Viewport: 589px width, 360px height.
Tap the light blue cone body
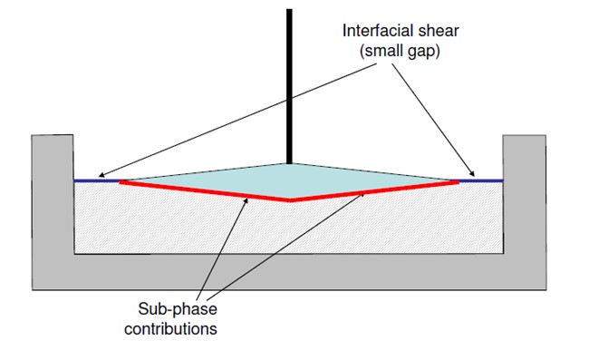point(289,180)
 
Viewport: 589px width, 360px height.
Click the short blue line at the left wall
point(96,180)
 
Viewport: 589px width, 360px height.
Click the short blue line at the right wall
point(481,180)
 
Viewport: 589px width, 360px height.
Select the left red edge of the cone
point(204,190)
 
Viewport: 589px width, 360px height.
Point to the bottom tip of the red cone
point(289,199)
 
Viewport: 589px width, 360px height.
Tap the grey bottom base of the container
point(289,271)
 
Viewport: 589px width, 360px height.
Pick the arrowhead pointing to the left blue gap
point(102,176)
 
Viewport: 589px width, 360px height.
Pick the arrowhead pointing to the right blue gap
point(472,175)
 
